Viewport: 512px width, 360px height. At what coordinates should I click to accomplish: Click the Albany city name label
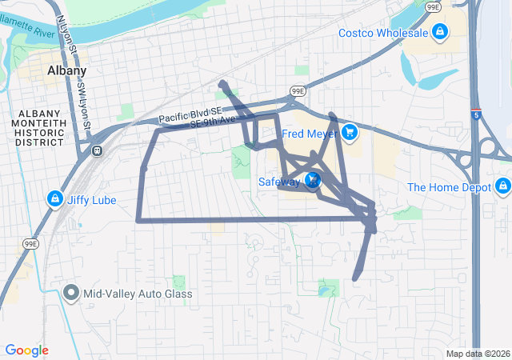[x=66, y=70]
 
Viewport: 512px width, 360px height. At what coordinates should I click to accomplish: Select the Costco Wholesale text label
[x=382, y=33]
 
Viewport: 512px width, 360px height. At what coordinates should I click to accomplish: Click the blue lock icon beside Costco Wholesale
[x=439, y=32]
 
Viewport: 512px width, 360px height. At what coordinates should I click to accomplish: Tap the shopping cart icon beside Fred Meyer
[x=349, y=132]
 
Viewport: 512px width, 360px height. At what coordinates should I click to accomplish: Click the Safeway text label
[x=278, y=182]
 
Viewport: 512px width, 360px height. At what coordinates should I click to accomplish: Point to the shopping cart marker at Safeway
[x=313, y=181]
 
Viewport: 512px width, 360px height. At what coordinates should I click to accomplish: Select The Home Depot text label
[x=448, y=187]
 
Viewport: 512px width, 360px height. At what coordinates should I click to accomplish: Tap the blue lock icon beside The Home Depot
[x=502, y=187]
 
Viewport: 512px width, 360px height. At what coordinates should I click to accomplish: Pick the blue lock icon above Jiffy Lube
[x=54, y=198]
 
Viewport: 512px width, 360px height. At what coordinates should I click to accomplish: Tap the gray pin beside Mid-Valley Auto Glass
[x=71, y=293]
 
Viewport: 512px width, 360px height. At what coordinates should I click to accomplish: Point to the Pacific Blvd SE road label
[x=188, y=114]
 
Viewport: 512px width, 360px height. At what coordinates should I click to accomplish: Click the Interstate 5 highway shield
[x=476, y=114]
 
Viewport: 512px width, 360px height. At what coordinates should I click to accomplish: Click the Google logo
[x=26, y=350]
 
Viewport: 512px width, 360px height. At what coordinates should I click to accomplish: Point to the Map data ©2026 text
[x=477, y=354]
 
